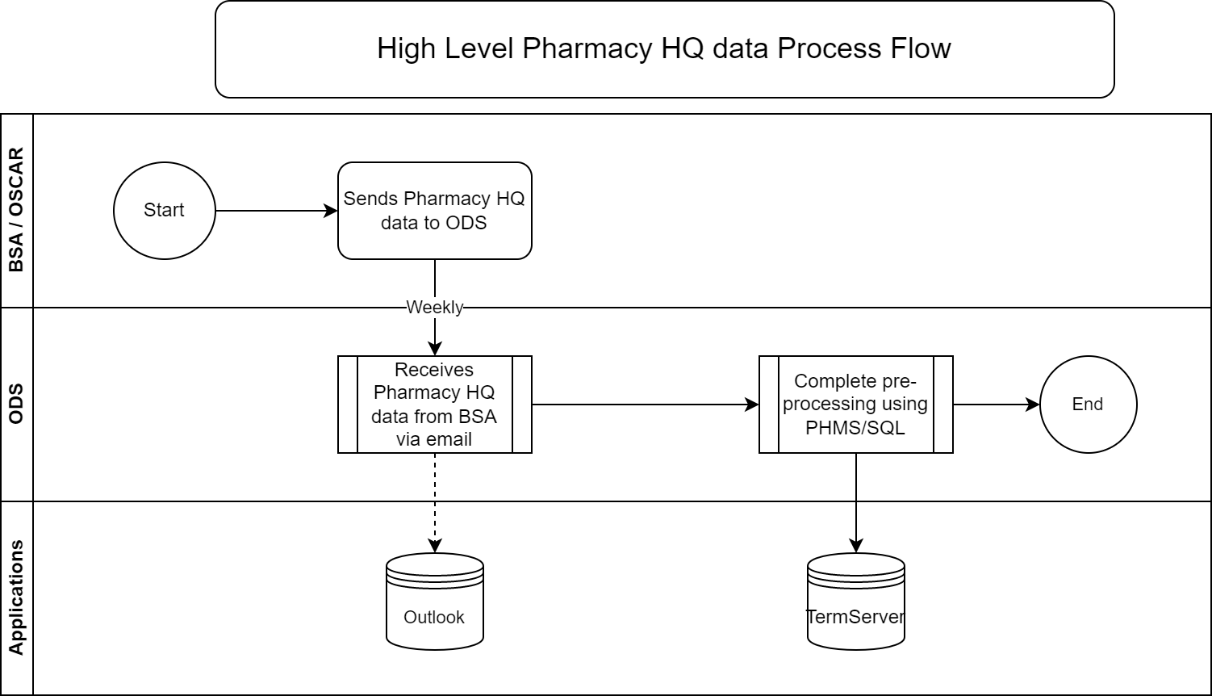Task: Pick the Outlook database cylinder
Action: tap(434, 602)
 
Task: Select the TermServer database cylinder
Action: tap(856, 602)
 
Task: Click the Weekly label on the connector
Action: tap(434, 308)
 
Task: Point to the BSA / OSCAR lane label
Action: tap(17, 209)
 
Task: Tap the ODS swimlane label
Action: tap(17, 404)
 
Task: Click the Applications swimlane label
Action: tap(17, 597)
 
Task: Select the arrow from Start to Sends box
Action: tap(277, 211)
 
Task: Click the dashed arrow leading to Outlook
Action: tap(434, 503)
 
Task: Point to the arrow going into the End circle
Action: tap(997, 405)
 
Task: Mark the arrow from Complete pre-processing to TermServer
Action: tap(856, 503)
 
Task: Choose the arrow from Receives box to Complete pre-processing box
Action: tap(646, 405)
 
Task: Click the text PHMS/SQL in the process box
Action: tap(855, 428)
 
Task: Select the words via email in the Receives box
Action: tap(434, 439)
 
